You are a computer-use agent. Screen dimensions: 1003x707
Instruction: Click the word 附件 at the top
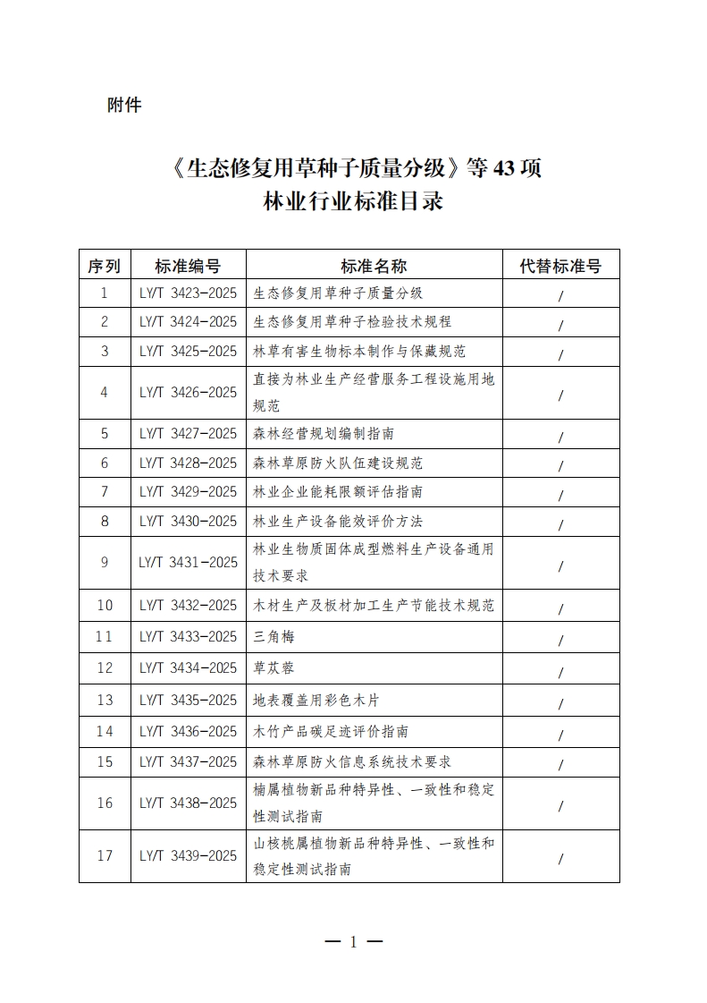coord(124,106)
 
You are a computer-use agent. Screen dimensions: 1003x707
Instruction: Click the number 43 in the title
coord(501,167)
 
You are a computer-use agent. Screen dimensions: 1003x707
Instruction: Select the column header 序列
coord(105,266)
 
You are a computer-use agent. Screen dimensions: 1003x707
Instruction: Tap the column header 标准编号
coord(188,266)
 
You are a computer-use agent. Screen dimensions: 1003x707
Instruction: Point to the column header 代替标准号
coord(560,266)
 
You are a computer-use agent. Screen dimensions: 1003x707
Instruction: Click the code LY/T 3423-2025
coord(188,293)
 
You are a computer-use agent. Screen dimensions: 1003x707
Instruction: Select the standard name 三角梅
coord(274,638)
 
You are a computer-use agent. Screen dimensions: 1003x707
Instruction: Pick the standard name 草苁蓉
coord(274,668)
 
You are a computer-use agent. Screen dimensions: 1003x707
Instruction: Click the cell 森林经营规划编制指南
coord(324,434)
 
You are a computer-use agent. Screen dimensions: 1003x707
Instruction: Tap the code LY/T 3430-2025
coord(188,522)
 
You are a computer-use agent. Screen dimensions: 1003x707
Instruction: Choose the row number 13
coord(105,701)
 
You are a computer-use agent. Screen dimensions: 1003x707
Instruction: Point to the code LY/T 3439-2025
coord(188,856)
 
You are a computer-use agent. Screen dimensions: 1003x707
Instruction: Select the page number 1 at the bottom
coord(353,941)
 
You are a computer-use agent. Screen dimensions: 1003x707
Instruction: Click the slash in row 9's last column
coord(560,565)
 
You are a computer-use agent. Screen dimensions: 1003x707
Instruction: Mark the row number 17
coord(105,856)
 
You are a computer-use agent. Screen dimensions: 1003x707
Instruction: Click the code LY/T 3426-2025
coord(188,393)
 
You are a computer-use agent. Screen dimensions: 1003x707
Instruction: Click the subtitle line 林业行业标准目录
coord(353,201)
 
